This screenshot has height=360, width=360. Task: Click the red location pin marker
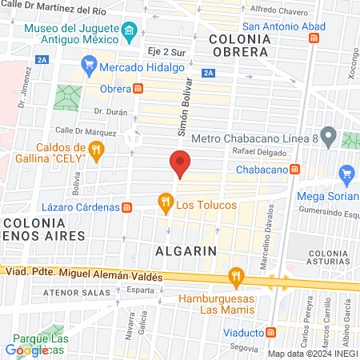[x=180, y=163]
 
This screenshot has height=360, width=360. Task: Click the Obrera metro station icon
[x=138, y=88]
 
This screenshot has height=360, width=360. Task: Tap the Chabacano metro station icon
[x=295, y=169]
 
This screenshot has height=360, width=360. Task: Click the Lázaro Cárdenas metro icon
[x=126, y=207]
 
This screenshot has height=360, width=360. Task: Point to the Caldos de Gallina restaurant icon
[x=96, y=150]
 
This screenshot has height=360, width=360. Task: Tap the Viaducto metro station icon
[x=272, y=332]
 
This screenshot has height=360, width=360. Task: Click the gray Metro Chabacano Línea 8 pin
[x=327, y=134]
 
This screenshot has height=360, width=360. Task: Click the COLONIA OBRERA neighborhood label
[x=239, y=45]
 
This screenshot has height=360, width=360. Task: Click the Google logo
[x=26, y=350]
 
